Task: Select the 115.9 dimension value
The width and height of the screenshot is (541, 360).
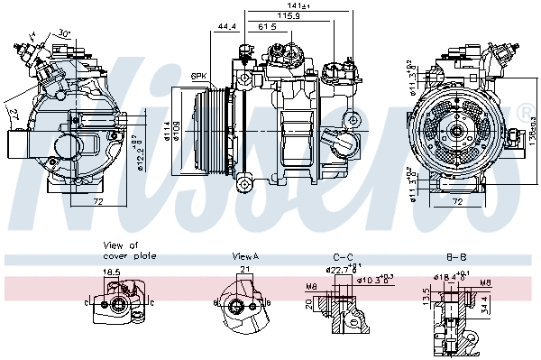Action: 289,16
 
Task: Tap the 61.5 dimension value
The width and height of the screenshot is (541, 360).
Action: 267,27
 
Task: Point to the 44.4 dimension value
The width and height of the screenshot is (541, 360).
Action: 226,27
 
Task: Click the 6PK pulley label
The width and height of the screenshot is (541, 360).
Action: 199,76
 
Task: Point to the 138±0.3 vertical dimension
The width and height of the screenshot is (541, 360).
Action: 533,131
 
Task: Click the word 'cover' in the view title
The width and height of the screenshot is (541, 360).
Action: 112,255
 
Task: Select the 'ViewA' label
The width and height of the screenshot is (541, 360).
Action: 244,256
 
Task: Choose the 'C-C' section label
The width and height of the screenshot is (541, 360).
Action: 344,256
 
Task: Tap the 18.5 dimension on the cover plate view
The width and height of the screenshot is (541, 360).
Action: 111,271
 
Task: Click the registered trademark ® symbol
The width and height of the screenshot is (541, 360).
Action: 524,112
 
